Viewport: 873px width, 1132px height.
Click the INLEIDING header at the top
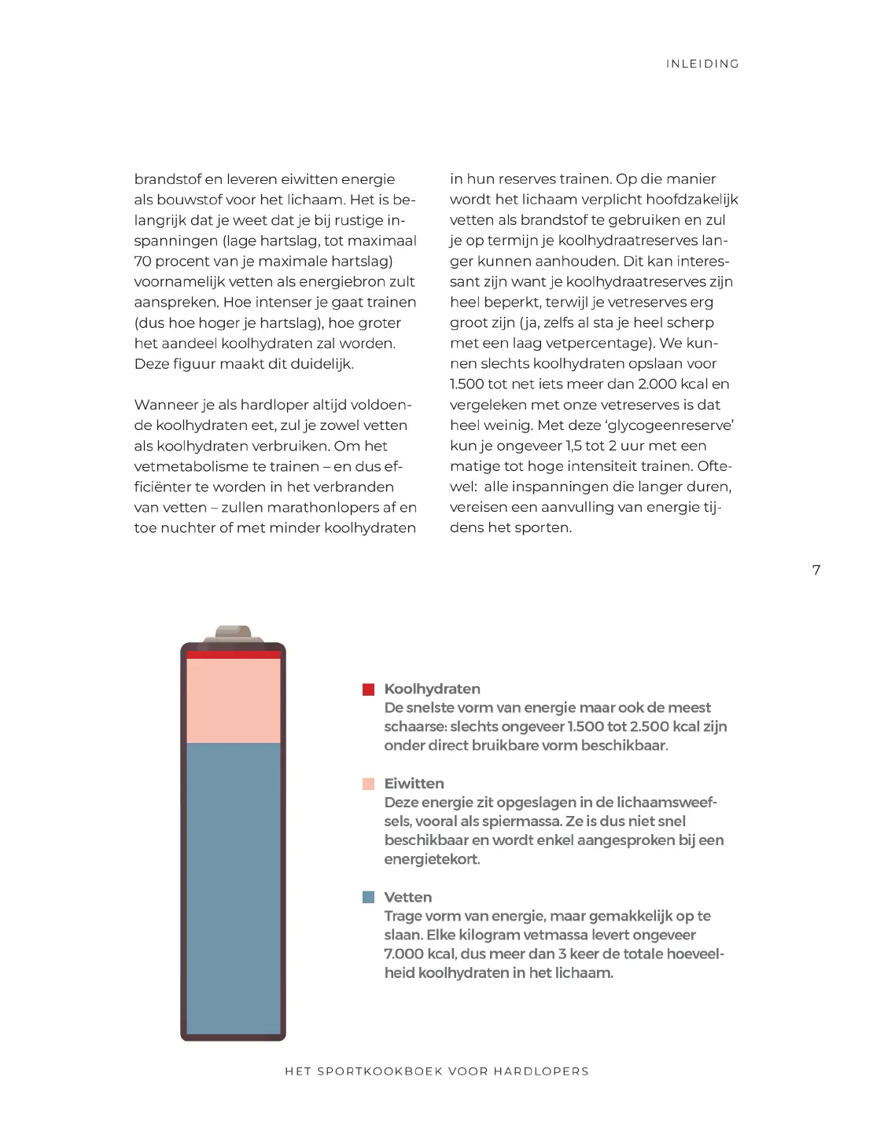[702, 64]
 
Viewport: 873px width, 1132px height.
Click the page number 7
[816, 570]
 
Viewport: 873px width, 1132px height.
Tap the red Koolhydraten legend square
[368, 689]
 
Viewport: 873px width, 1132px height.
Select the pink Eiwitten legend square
[368, 784]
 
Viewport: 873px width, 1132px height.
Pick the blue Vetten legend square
[368, 897]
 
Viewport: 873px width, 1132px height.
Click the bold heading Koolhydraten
[432, 689]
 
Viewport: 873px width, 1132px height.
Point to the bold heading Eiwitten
[414, 783]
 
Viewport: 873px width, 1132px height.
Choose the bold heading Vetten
[407, 897]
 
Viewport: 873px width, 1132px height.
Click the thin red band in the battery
[234, 654]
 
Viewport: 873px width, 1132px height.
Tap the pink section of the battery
[234, 700]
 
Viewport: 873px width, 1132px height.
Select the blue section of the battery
[234, 888]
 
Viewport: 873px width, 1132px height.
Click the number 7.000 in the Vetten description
[403, 954]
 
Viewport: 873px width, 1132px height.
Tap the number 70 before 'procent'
[142, 261]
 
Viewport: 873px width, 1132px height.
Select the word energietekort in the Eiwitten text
[431, 859]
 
